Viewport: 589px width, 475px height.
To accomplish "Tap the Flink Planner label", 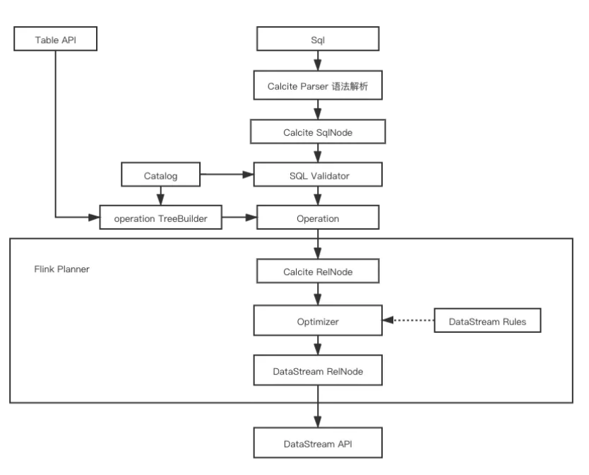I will coord(62,269).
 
